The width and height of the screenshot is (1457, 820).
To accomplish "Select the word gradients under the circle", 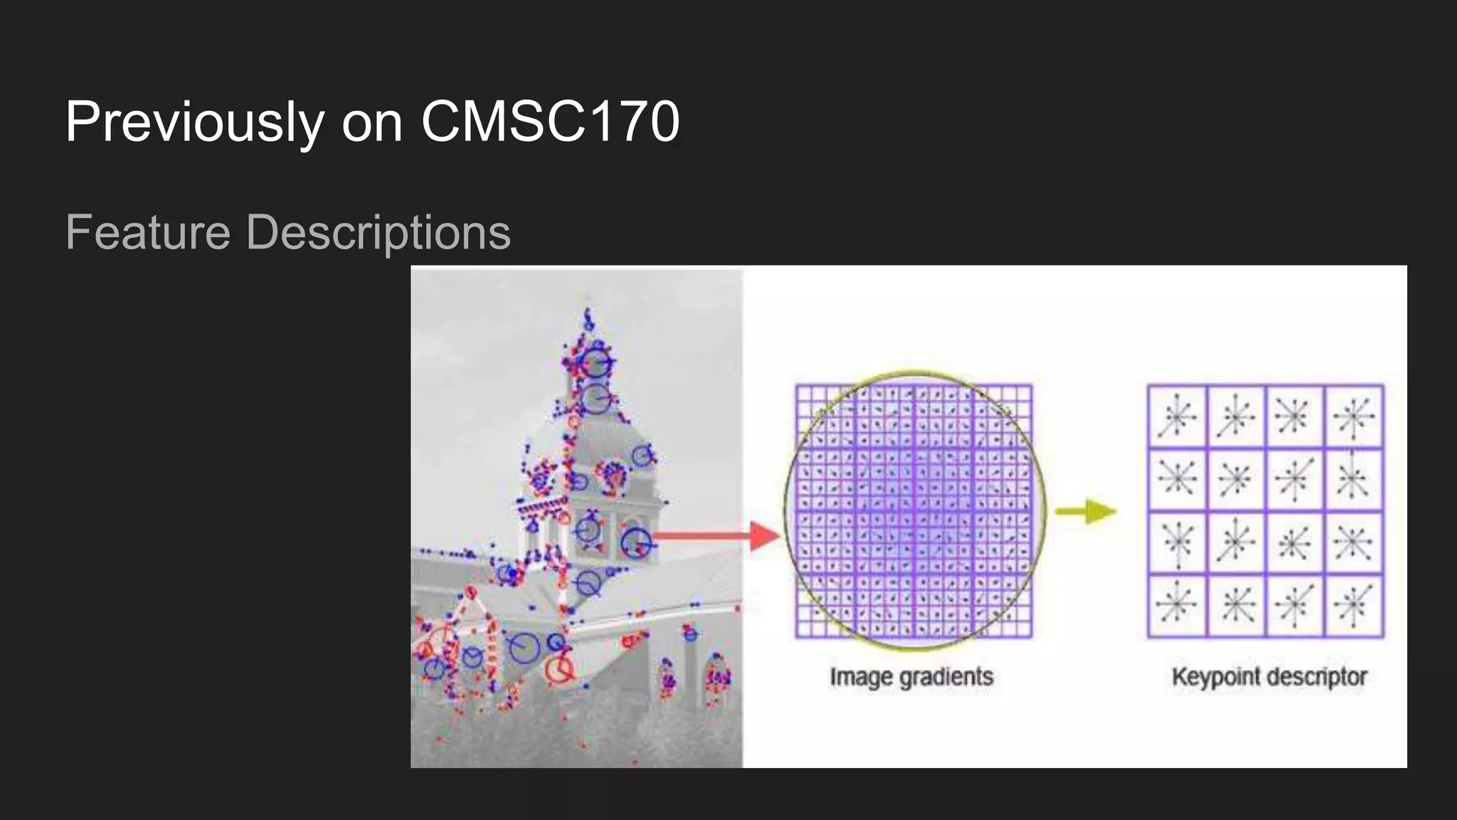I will [945, 677].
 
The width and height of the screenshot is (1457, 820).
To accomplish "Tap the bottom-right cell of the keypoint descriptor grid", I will [1354, 606].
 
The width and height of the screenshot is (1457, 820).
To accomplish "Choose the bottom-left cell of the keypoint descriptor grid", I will [1177, 606].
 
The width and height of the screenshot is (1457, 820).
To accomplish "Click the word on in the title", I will [372, 122].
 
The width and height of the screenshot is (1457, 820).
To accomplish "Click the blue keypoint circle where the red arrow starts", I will [635, 542].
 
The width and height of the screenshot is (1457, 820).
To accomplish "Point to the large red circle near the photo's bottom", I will [559, 669].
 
